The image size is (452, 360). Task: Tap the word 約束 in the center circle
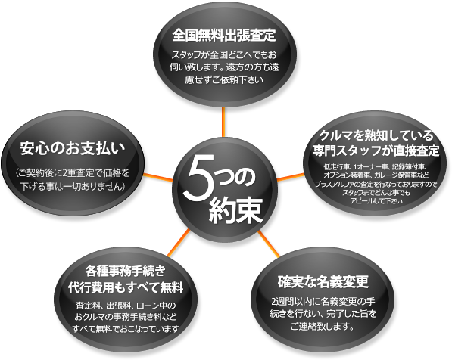235,211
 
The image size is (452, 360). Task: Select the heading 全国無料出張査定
224,36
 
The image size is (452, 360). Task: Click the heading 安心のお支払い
73,148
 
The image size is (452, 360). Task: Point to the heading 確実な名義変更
323,281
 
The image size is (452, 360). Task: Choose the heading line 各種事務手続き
126,271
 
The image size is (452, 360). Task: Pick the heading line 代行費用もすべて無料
126,287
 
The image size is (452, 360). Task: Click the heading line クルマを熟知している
376,135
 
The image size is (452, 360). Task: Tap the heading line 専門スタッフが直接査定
376,151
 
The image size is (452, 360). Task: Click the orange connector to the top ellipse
223,122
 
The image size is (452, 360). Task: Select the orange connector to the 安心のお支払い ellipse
158,177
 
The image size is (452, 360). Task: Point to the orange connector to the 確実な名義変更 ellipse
269,244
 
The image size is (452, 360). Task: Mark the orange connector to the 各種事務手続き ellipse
179,243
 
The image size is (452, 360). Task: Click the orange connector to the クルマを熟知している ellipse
291,177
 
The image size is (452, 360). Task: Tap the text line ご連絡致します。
323,326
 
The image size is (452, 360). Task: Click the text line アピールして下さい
376,200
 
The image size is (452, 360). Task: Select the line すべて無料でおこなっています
126,328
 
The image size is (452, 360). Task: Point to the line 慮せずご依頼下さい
224,79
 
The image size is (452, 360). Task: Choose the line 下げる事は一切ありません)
73,186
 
